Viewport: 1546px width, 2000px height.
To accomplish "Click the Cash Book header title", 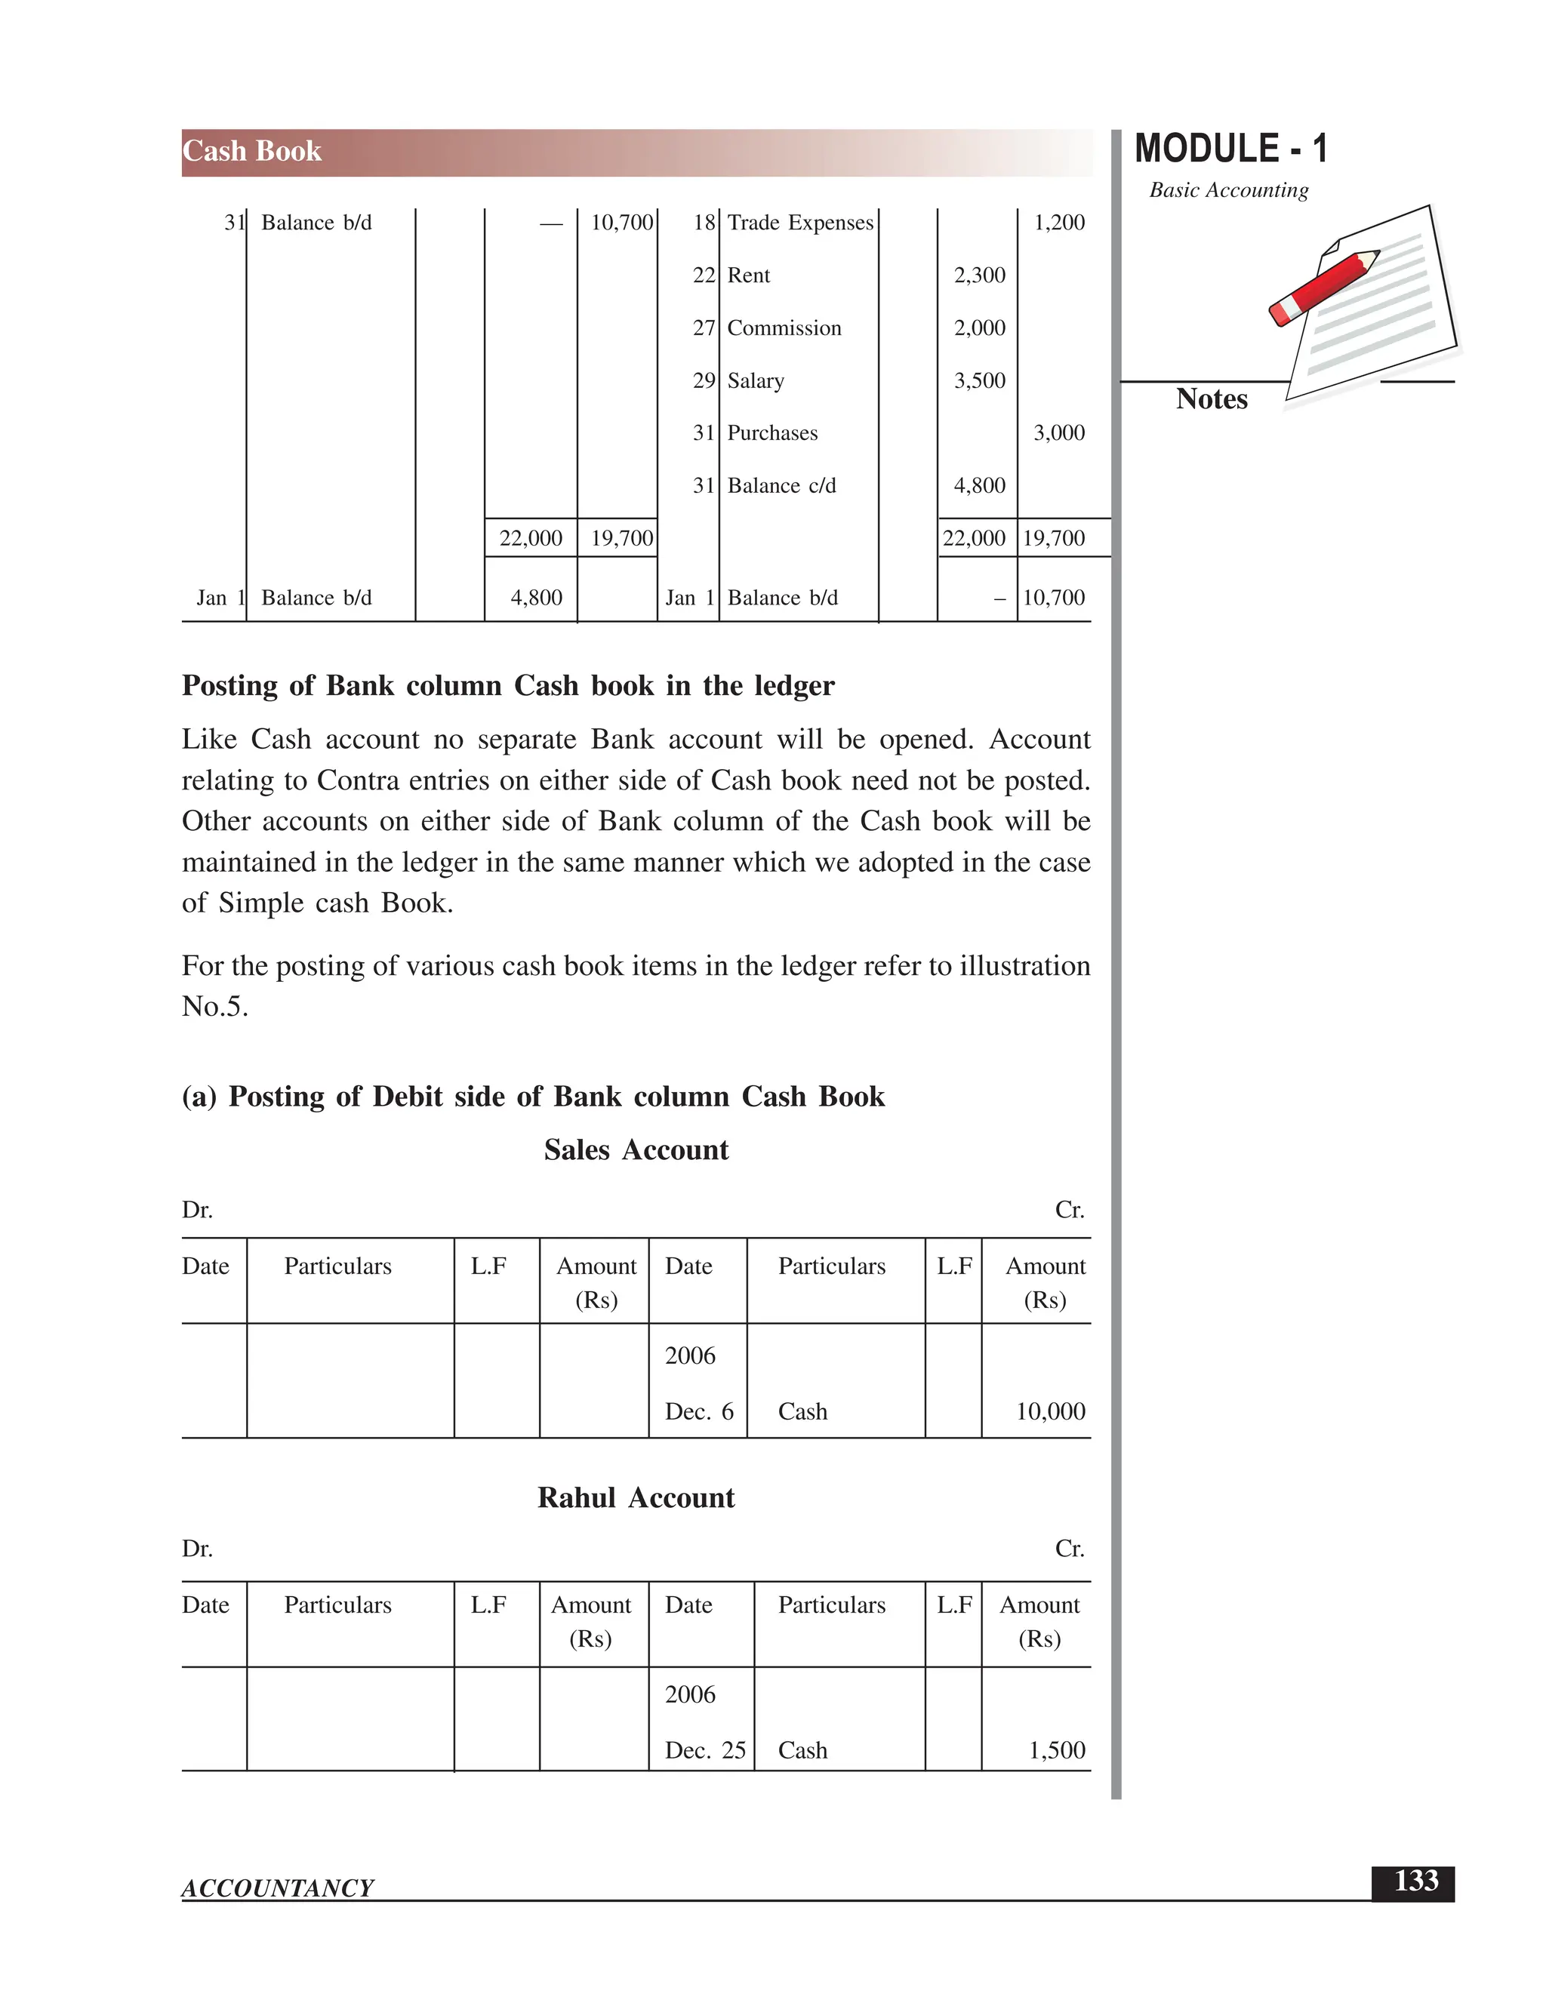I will (252, 151).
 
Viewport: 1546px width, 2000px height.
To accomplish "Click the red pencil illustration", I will (1323, 287).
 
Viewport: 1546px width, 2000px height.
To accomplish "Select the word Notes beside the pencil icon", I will (1211, 399).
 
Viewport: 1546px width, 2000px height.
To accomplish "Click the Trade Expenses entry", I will (799, 223).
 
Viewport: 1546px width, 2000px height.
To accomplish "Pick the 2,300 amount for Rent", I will (979, 275).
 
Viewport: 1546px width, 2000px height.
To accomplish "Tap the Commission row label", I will (784, 328).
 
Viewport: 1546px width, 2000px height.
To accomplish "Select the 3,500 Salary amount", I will (979, 381).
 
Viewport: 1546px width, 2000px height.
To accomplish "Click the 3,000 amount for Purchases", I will (1059, 433).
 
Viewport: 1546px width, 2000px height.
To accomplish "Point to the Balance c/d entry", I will (781, 486).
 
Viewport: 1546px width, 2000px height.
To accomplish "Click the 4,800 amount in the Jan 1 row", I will (536, 598).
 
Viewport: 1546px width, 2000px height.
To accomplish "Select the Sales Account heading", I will (636, 1150).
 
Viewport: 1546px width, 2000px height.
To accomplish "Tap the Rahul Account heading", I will (636, 1498).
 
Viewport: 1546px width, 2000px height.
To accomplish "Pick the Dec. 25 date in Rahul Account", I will (704, 1750).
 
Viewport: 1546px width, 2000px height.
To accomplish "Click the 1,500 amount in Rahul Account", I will (1056, 1750).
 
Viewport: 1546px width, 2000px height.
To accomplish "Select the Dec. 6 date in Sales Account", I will (699, 1411).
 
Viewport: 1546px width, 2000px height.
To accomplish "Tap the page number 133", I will (1415, 1881).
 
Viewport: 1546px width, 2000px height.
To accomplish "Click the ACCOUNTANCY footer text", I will (278, 1888).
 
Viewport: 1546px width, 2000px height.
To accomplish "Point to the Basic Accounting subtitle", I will (1228, 190).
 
